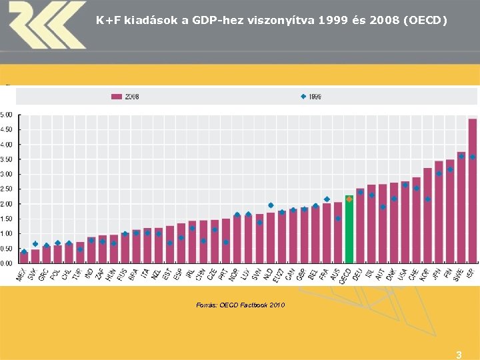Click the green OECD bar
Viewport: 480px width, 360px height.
(x=349, y=230)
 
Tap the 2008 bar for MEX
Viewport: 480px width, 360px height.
(x=24, y=257)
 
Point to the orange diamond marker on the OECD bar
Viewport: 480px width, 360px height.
(x=349, y=199)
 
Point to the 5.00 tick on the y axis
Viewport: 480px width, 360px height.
(x=6, y=115)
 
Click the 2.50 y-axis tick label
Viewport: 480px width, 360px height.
(x=6, y=189)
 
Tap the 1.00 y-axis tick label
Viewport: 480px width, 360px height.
(x=6, y=233)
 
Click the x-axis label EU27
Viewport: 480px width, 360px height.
(x=279, y=274)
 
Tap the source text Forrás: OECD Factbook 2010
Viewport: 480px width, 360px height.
(x=240, y=305)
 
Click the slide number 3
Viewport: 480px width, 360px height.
(x=458, y=355)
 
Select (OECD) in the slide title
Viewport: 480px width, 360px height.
(x=424, y=21)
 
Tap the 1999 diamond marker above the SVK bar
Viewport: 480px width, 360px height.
(x=35, y=244)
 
